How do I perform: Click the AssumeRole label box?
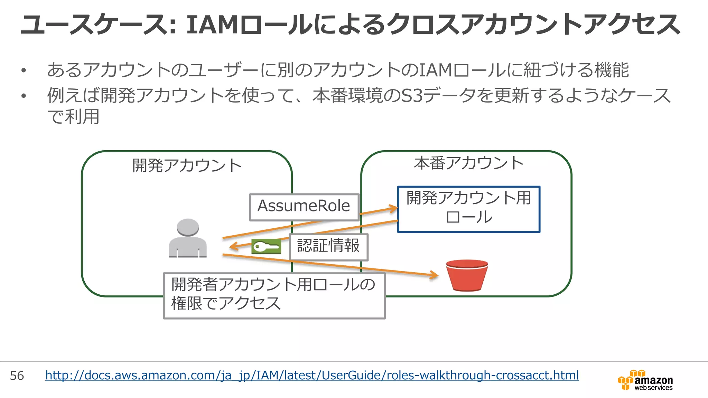click(304, 207)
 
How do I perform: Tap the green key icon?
click(266, 247)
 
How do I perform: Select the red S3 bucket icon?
click(467, 275)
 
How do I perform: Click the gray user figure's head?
click(188, 227)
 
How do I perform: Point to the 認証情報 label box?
click(328, 247)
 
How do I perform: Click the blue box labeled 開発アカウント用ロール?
click(468, 209)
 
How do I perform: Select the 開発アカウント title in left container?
click(187, 165)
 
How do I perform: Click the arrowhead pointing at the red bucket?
click(435, 275)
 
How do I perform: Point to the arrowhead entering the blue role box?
click(394, 208)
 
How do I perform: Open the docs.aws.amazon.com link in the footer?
click(312, 375)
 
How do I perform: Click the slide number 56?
click(17, 376)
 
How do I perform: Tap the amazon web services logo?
click(645, 380)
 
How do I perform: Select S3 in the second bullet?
click(412, 96)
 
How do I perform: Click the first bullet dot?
click(24, 71)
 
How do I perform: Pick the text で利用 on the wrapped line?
click(73, 117)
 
